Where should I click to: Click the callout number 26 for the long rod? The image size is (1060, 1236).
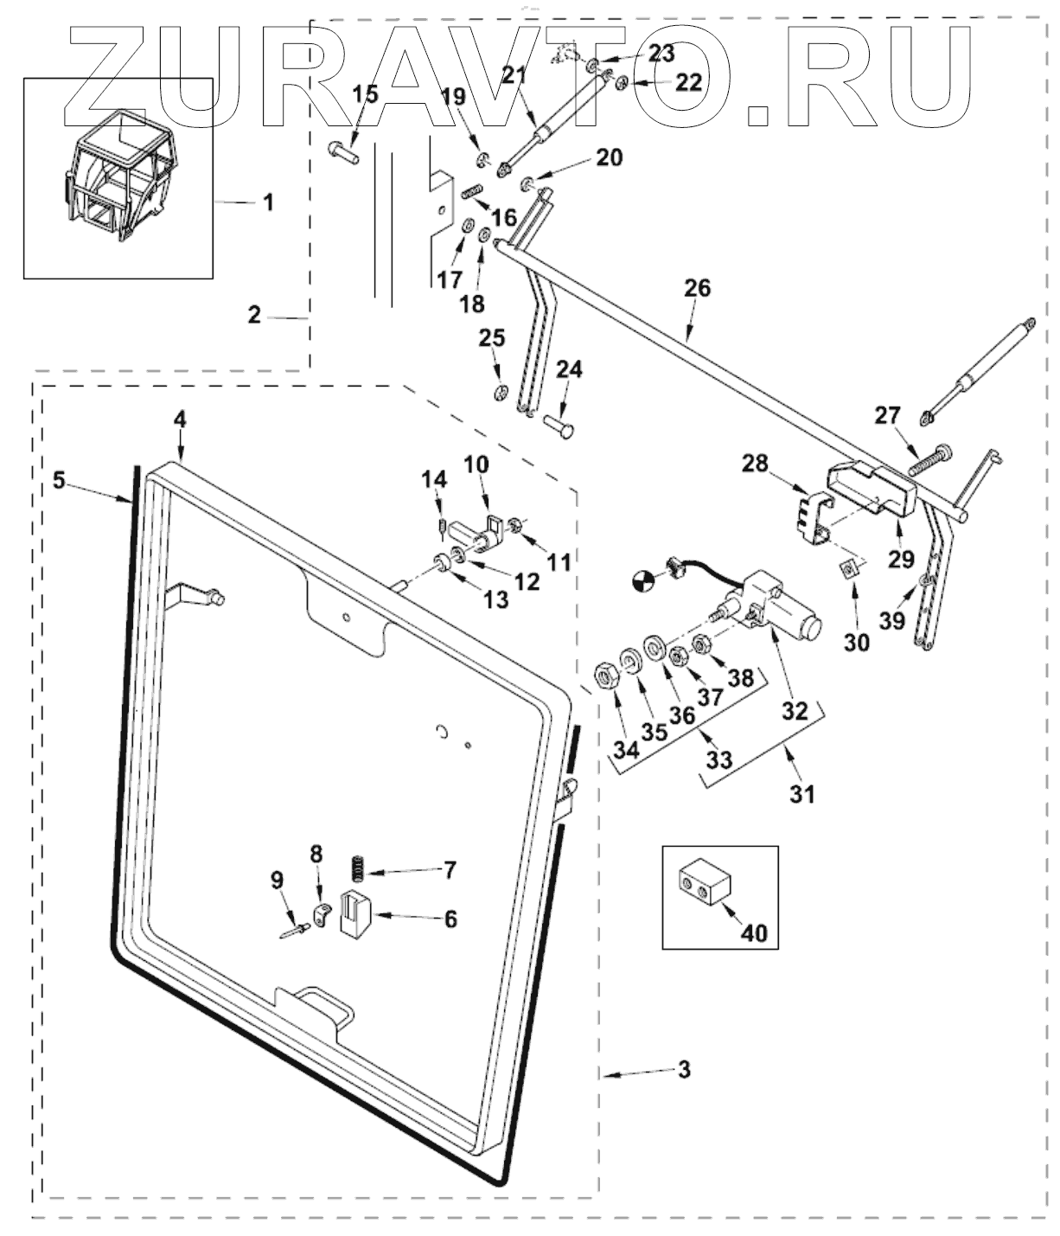[697, 288]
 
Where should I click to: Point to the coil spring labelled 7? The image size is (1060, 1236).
[355, 865]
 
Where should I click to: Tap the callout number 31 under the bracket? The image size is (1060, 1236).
[803, 792]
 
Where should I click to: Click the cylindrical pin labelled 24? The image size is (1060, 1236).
[561, 425]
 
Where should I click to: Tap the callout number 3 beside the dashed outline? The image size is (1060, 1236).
[684, 1070]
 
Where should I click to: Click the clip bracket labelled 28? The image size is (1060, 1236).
[810, 518]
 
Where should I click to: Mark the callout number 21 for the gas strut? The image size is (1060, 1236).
[514, 74]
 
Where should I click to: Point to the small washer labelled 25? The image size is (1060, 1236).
[501, 393]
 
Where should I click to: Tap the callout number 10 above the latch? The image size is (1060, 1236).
[476, 464]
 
